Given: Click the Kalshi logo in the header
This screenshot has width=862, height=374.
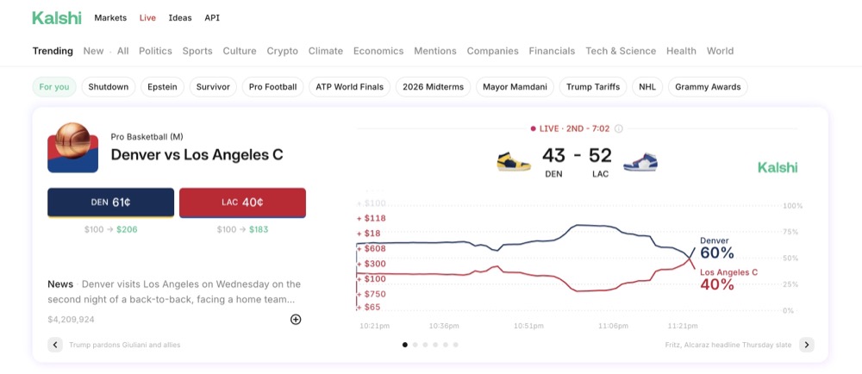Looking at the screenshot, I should click(x=57, y=17).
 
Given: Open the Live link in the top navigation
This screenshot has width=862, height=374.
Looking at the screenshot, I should click(x=147, y=18).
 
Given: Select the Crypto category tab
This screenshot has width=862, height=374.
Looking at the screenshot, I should click(x=282, y=51).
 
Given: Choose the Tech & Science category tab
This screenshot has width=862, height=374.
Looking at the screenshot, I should click(x=620, y=51).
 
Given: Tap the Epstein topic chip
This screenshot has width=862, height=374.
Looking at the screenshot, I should click(x=162, y=87).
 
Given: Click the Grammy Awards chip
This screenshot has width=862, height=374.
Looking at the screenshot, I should click(x=708, y=87).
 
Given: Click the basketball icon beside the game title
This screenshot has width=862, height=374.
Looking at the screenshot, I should click(x=72, y=147).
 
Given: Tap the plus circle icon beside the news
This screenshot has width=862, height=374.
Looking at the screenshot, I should click(x=296, y=320).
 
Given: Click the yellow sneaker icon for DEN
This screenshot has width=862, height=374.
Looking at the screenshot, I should click(x=513, y=161).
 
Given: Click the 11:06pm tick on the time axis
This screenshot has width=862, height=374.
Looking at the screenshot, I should click(x=613, y=327).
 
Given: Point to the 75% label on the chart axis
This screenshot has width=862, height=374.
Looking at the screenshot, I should click(x=792, y=232).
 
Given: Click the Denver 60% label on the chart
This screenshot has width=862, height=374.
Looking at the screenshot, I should click(x=716, y=248).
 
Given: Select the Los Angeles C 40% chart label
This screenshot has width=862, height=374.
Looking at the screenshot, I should click(x=728, y=279).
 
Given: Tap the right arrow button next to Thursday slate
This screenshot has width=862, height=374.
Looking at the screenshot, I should click(x=806, y=345).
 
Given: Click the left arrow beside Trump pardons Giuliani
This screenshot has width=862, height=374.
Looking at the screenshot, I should click(x=55, y=345).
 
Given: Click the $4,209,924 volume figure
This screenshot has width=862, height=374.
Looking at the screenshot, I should click(x=72, y=320).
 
